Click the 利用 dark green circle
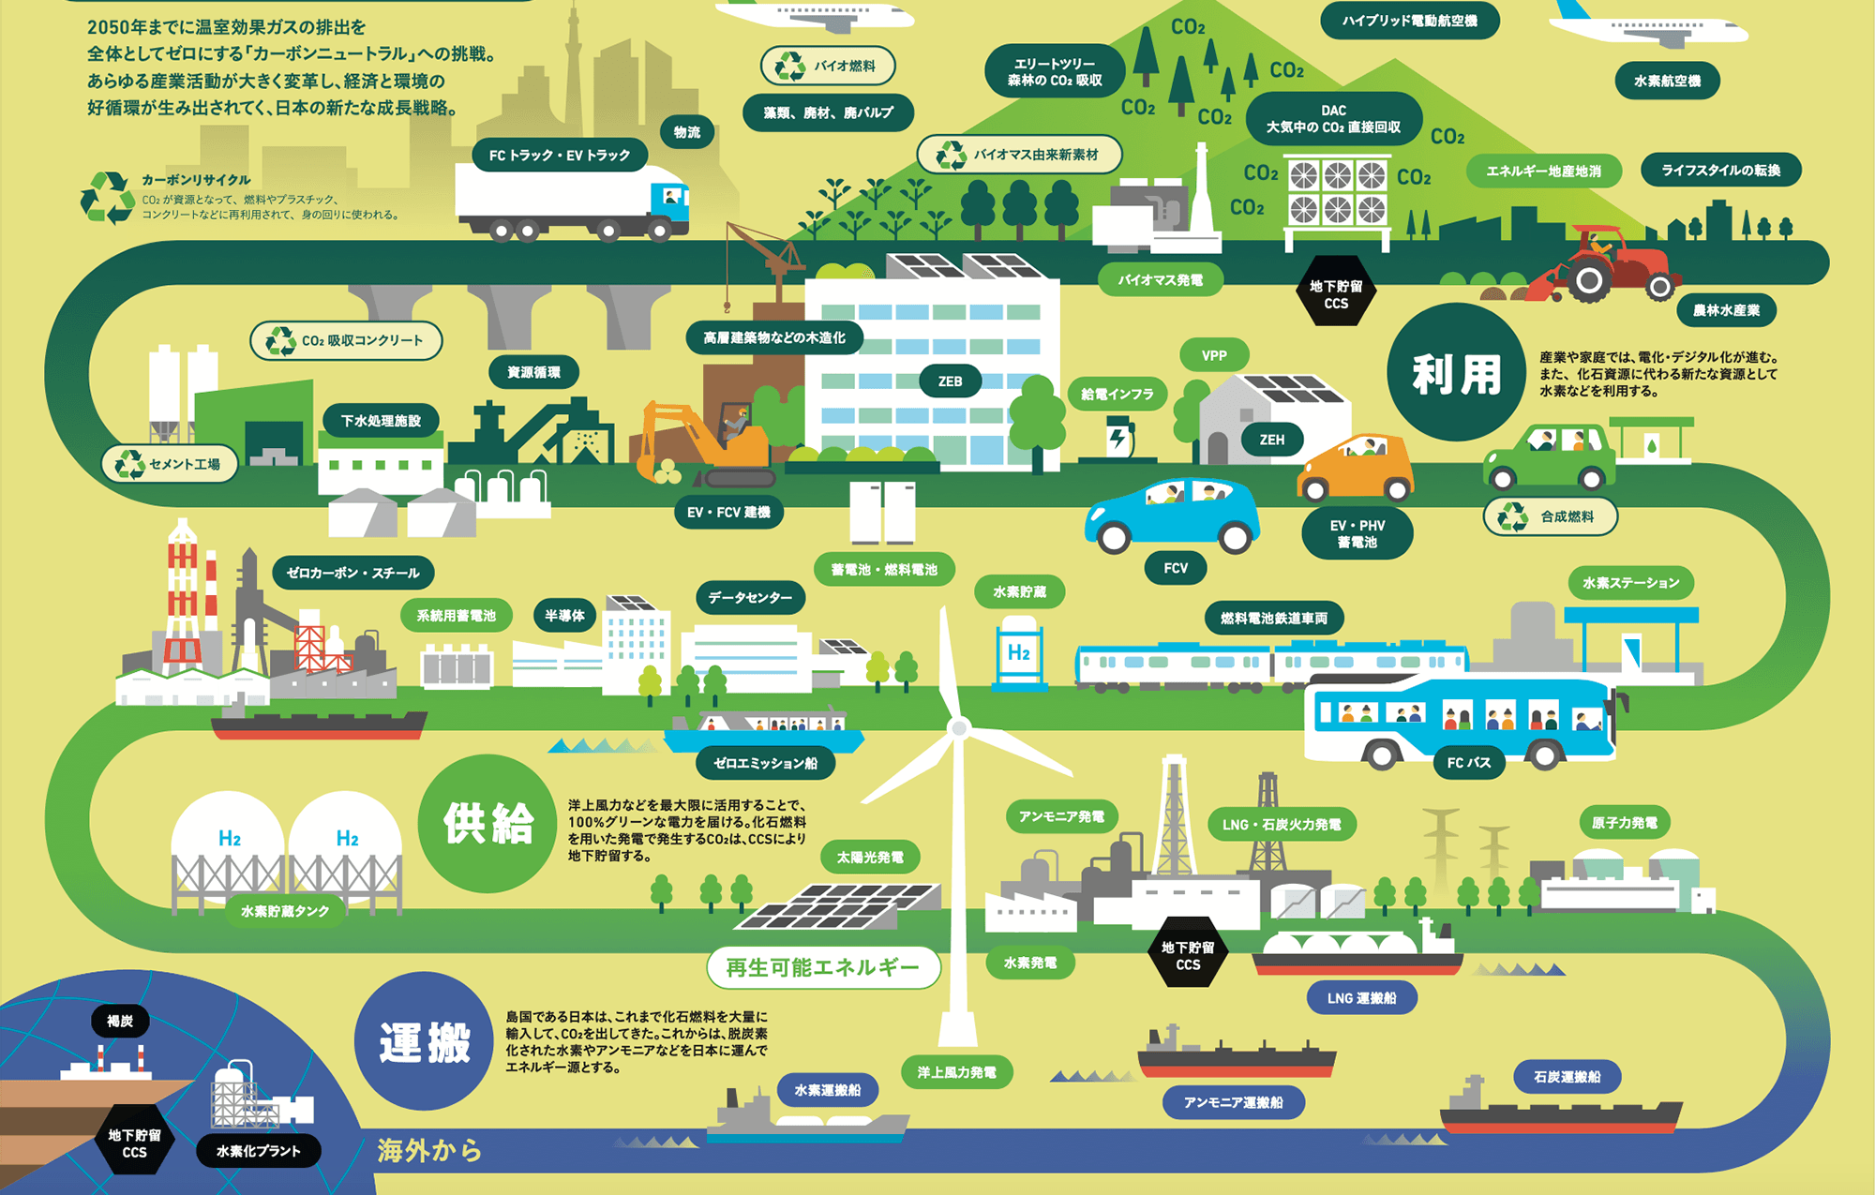tap(1456, 373)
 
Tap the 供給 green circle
tap(487, 823)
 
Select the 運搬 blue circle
tap(425, 1041)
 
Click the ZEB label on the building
tap(950, 381)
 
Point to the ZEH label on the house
tap(1271, 440)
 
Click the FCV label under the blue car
tap(1176, 568)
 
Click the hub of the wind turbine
tap(958, 727)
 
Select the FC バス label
tap(1468, 763)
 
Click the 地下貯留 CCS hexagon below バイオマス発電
tap(1336, 294)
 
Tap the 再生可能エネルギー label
tap(822, 967)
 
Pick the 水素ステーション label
tap(1630, 583)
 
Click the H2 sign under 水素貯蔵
tap(1019, 652)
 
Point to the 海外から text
tap(429, 1150)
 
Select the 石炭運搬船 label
tap(1567, 1077)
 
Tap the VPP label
tap(1214, 356)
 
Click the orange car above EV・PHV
tap(1356, 469)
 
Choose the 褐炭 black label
tap(120, 1021)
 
